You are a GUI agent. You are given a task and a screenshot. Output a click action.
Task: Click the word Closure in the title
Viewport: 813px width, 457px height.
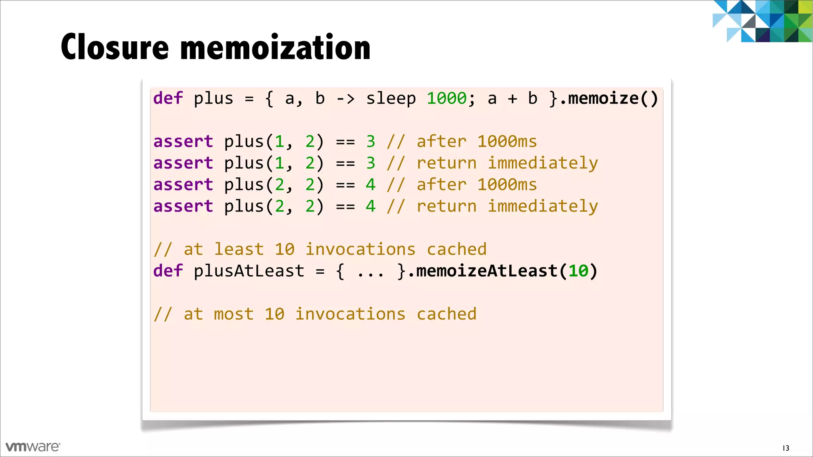point(115,48)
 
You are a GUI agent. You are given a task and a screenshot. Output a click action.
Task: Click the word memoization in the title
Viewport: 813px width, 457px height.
point(275,48)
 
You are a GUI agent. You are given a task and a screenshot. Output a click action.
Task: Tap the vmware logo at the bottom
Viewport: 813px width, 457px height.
point(33,447)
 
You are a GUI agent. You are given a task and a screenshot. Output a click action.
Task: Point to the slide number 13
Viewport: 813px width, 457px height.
point(786,448)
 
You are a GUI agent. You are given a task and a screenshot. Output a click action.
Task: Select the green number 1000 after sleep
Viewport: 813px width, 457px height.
point(447,98)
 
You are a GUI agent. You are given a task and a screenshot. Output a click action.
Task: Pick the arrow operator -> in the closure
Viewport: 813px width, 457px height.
point(345,98)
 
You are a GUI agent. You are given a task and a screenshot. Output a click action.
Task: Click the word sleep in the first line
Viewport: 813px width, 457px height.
point(391,98)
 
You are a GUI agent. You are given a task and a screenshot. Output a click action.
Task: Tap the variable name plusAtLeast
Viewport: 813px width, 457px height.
point(249,271)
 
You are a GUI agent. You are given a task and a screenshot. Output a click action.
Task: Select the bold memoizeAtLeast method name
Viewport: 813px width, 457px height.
point(487,271)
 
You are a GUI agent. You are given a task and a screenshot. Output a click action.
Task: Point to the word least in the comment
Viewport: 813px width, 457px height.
point(239,250)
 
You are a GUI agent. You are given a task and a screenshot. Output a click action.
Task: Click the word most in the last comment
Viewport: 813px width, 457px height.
point(233,314)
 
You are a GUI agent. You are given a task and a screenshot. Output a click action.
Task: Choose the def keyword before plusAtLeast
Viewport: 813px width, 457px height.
point(168,271)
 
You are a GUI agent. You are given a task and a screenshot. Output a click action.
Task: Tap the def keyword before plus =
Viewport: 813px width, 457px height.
point(168,98)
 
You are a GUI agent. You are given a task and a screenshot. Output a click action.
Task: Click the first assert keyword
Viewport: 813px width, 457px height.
point(183,142)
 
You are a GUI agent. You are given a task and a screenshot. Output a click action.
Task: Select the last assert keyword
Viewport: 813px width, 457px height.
point(183,206)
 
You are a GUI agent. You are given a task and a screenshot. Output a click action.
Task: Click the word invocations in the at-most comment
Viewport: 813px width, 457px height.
point(350,314)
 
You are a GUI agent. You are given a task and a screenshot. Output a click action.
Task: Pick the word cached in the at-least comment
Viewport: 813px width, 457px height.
point(457,250)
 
